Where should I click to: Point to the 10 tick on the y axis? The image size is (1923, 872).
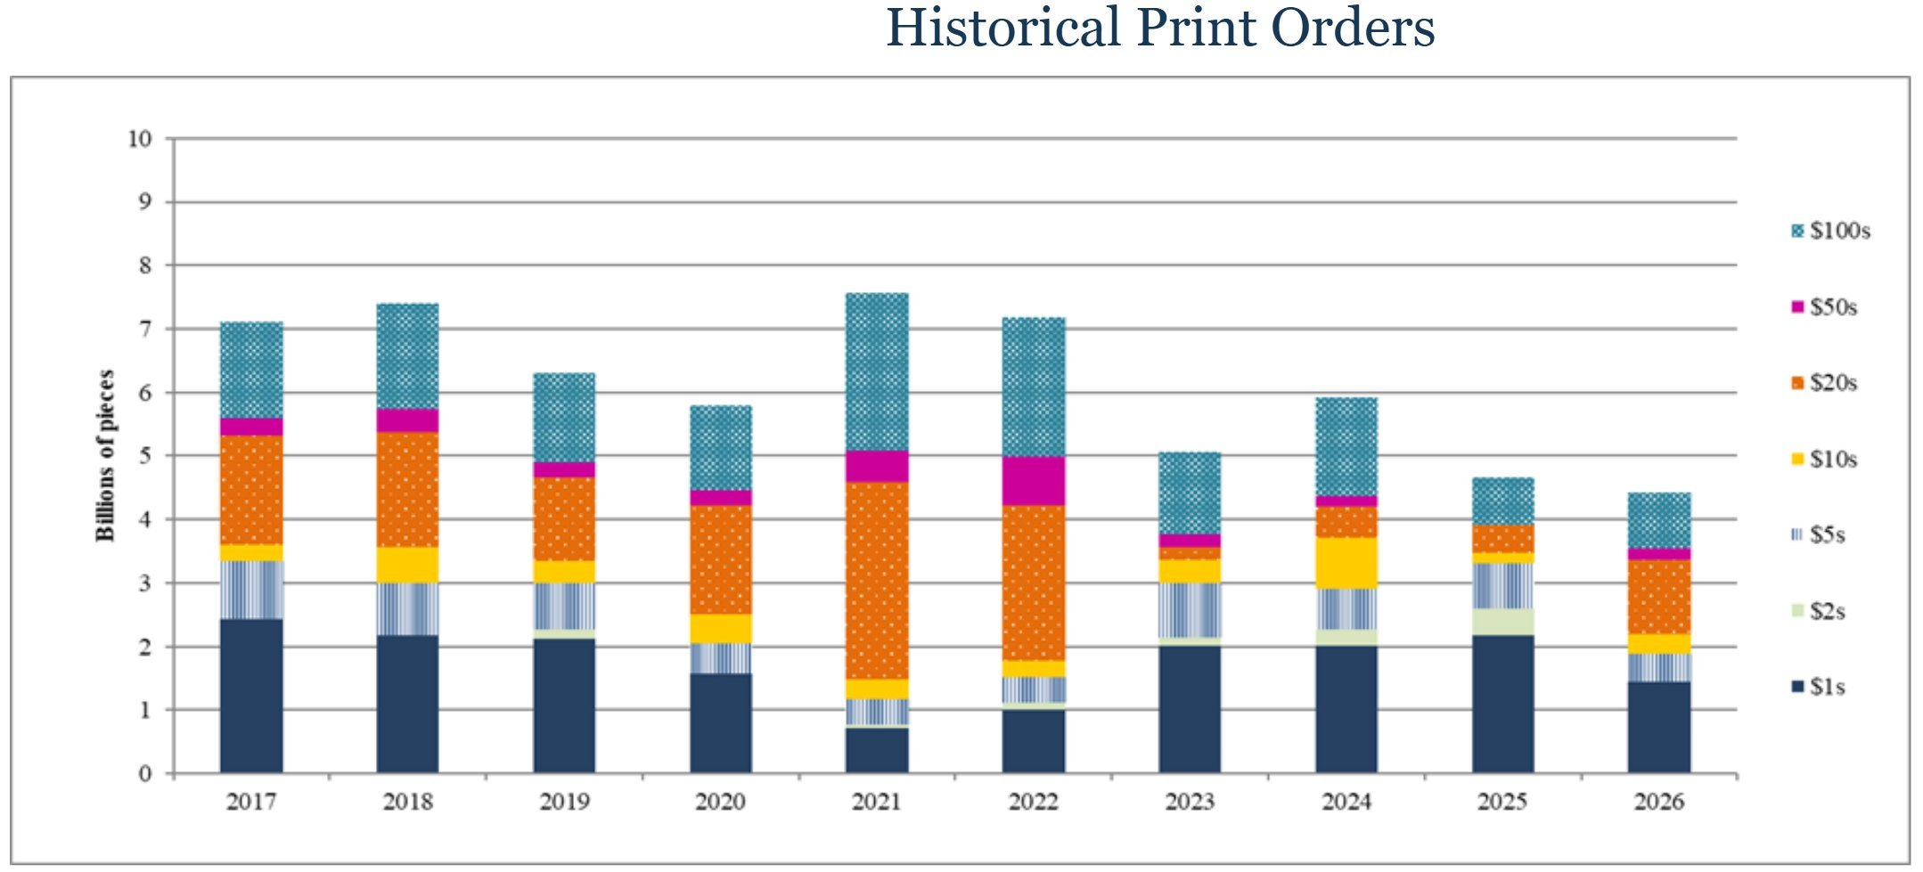pyautogui.click(x=140, y=139)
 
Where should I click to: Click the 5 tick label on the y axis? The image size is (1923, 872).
pyautogui.click(x=145, y=456)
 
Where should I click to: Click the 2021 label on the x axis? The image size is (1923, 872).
pyautogui.click(x=877, y=803)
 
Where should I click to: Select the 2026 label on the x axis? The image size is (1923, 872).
pyautogui.click(x=1658, y=803)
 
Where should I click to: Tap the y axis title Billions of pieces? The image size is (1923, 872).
pyautogui.click(x=106, y=455)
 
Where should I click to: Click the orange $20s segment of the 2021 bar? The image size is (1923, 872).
pyautogui.click(x=877, y=580)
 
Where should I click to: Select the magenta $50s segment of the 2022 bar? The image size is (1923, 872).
pyautogui.click(x=1033, y=481)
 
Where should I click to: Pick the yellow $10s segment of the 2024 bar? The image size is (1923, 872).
pyautogui.click(x=1346, y=563)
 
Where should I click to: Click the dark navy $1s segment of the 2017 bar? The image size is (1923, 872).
pyautogui.click(x=251, y=696)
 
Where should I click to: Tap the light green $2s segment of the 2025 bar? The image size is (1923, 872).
pyautogui.click(x=1502, y=622)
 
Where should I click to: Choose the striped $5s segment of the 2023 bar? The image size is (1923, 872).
pyautogui.click(x=1190, y=610)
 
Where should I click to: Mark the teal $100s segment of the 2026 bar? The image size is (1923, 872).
pyautogui.click(x=1658, y=520)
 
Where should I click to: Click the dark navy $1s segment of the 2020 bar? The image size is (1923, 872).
pyautogui.click(x=720, y=722)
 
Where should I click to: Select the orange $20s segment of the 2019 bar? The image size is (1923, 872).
pyautogui.click(x=564, y=518)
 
